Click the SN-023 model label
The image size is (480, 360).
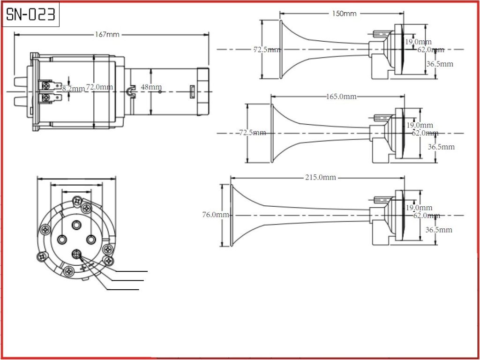click(x=31, y=15)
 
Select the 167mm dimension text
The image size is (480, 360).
click(x=107, y=34)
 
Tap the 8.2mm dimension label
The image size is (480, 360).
click(x=74, y=88)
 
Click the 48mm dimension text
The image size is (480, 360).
click(x=151, y=87)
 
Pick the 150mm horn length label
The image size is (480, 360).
click(x=344, y=14)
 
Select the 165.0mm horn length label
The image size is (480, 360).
click(x=341, y=97)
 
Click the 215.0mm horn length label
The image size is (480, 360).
click(x=321, y=177)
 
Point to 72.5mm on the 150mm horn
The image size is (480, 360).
click(x=267, y=49)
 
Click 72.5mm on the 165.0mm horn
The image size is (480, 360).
click(x=252, y=133)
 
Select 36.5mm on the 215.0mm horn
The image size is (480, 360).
click(x=439, y=230)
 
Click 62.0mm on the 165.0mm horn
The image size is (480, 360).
click(x=425, y=133)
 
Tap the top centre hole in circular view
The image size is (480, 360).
click(x=76, y=225)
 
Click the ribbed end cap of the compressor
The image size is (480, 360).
click(x=202, y=91)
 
